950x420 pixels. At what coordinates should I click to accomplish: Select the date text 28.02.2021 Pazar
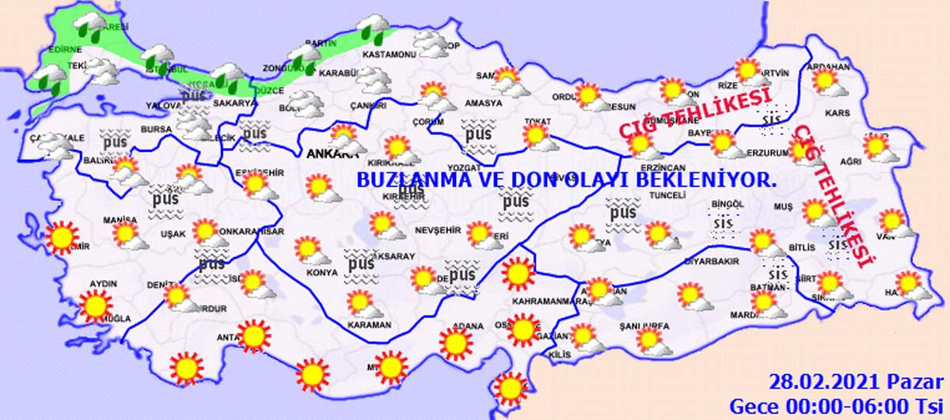(859, 383)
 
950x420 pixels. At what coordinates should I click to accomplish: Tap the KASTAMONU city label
(389, 55)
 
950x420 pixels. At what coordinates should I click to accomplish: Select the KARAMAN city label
(369, 324)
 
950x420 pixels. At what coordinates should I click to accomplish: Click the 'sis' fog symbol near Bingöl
(723, 223)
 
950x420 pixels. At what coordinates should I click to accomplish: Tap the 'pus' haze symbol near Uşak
(167, 202)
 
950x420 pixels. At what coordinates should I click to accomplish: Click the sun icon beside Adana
(456, 342)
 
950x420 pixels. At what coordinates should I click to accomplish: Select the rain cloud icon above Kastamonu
(371, 29)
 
